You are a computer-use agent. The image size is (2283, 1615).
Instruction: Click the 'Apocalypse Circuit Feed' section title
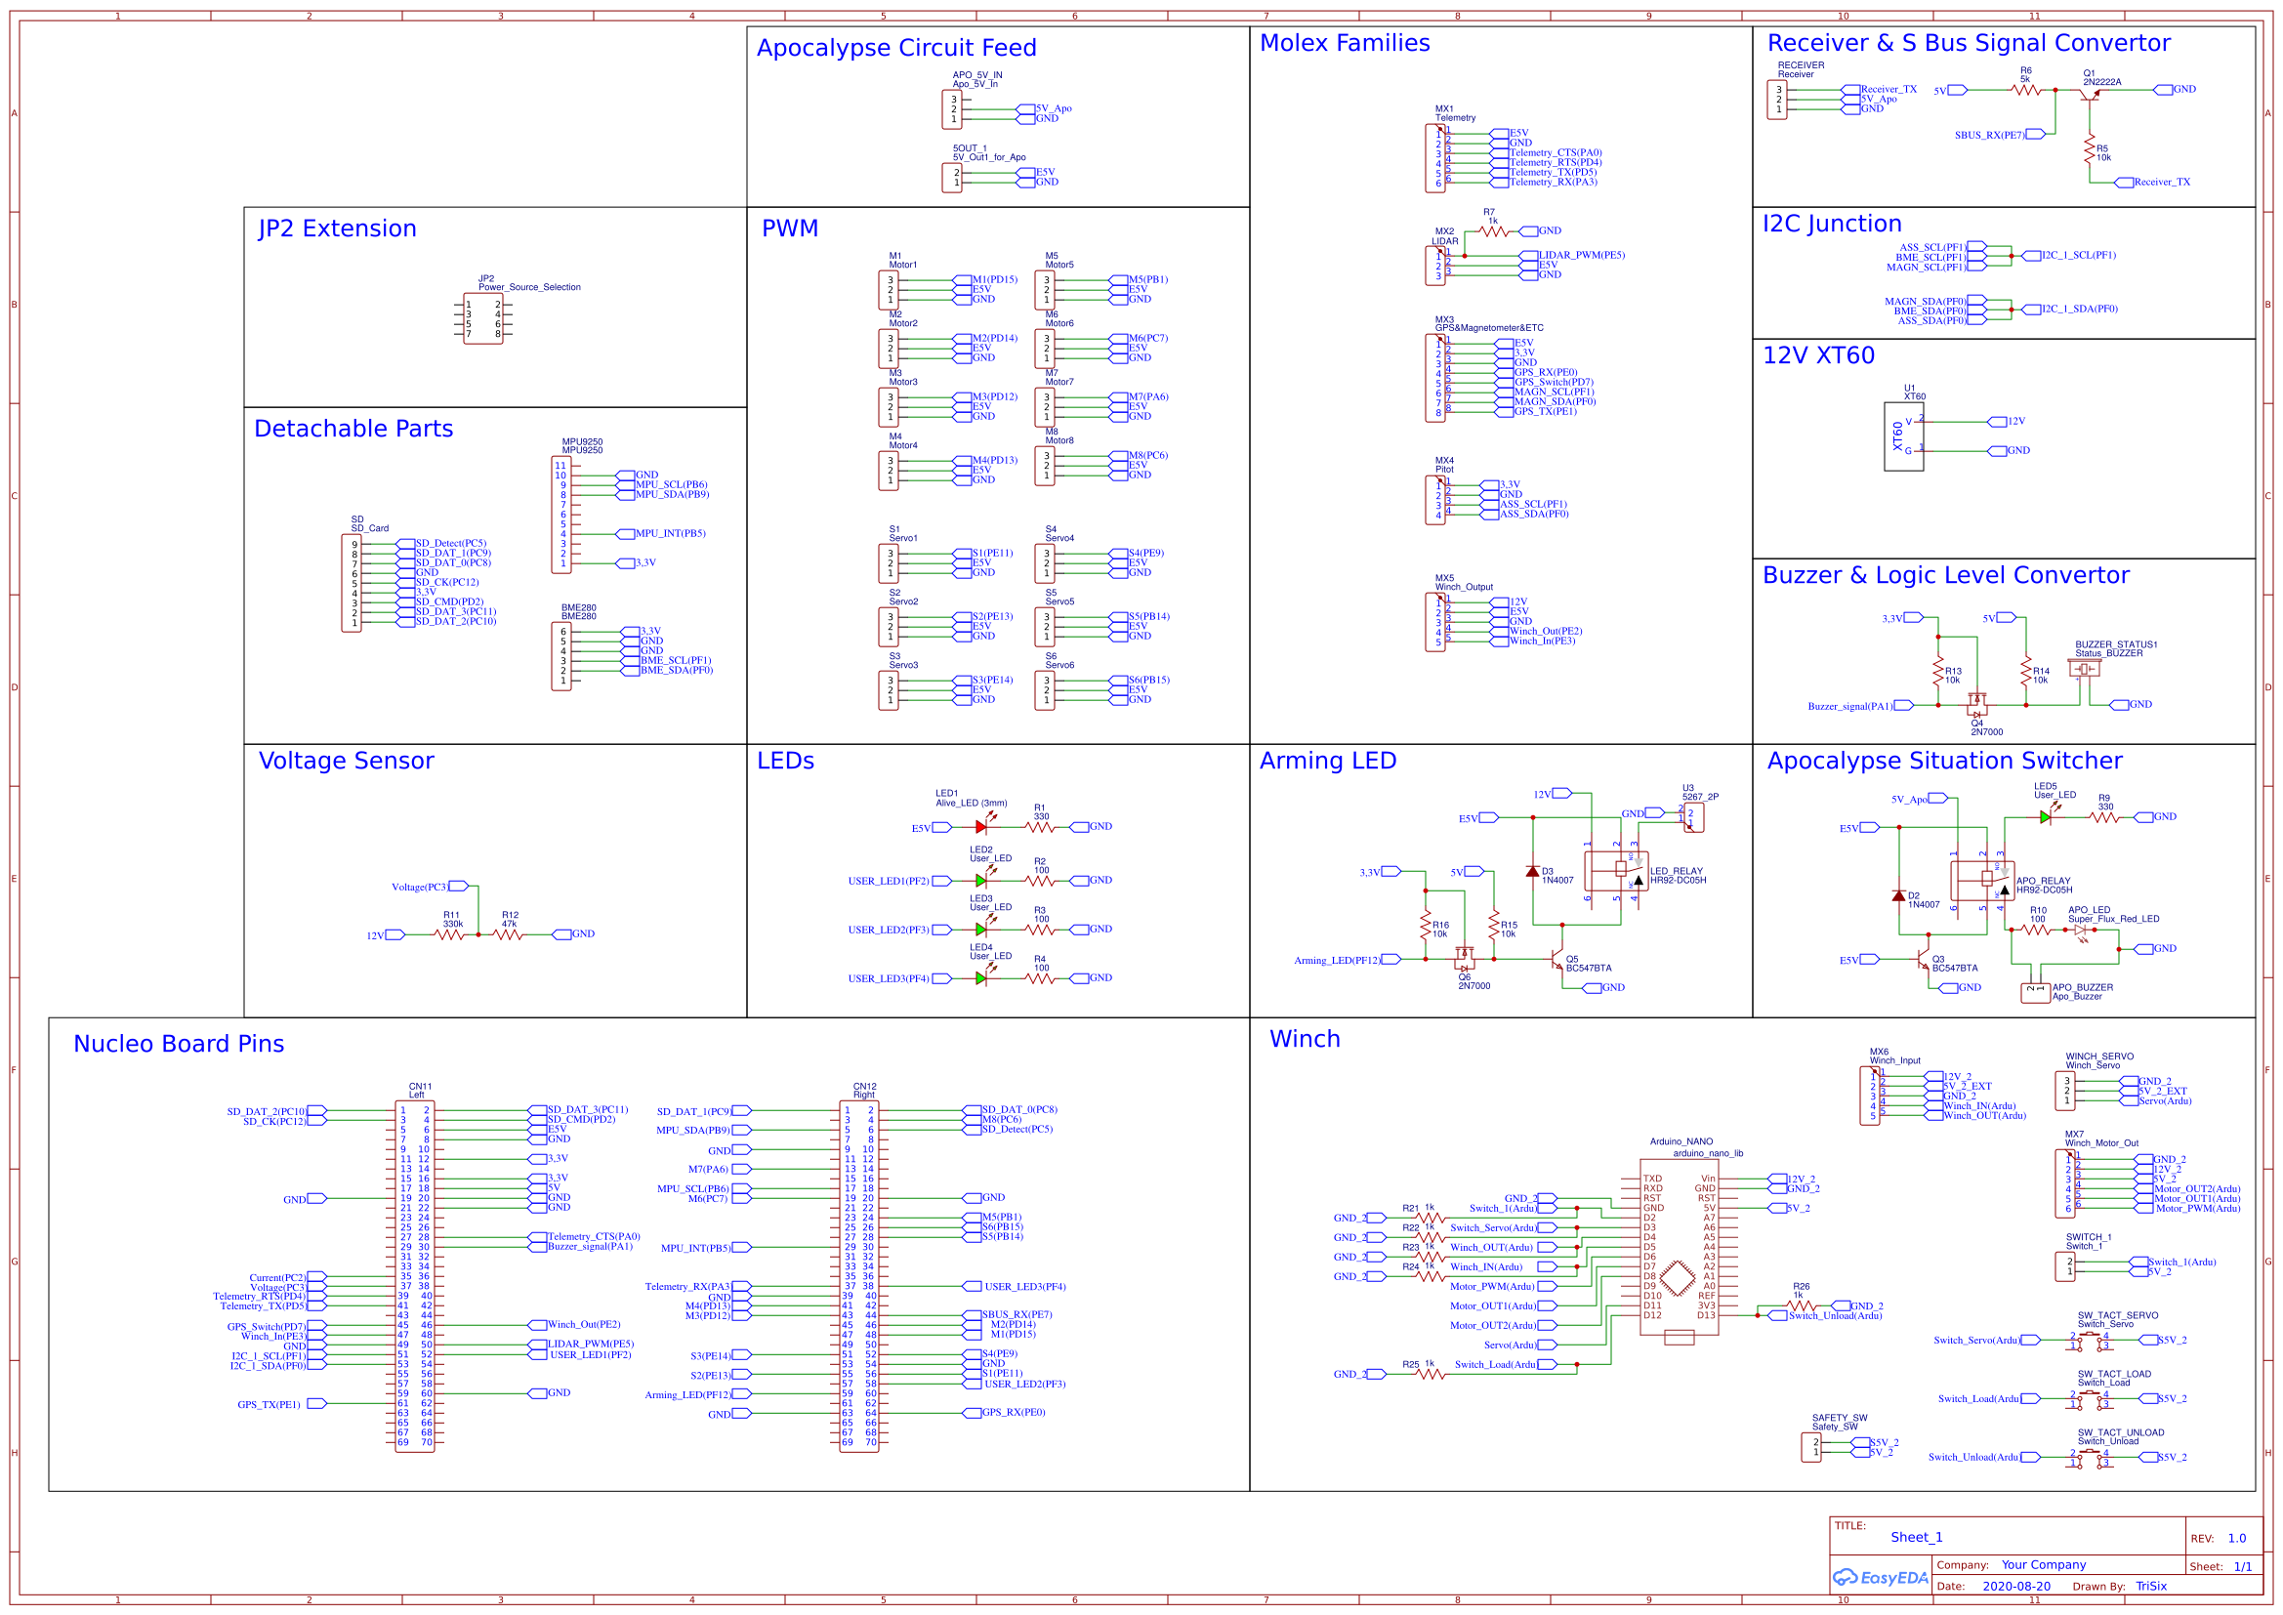[895, 48]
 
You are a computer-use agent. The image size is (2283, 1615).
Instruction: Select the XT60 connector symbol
[1902, 436]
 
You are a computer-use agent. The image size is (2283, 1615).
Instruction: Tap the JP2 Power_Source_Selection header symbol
[483, 319]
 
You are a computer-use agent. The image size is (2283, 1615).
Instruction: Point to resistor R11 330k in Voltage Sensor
[449, 934]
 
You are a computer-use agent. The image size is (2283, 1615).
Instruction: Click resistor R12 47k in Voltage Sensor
[508, 934]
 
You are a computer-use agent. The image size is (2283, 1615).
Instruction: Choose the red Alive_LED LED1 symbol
[981, 827]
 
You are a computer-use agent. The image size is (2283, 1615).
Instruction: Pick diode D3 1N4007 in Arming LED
[1532, 872]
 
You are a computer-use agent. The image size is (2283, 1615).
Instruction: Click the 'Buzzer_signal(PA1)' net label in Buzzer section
[1849, 706]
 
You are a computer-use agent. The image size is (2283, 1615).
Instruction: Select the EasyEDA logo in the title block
[1880, 1578]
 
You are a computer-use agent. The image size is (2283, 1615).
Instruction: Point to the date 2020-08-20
[2015, 1586]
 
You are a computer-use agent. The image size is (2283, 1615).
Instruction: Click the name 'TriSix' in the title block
[2151, 1586]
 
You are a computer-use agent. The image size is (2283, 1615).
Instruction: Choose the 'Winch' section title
[1305, 1039]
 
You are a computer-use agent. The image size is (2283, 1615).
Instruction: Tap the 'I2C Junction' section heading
[1832, 224]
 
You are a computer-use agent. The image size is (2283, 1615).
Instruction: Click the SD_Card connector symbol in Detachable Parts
[351, 583]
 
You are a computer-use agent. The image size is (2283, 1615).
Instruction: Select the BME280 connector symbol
[561, 656]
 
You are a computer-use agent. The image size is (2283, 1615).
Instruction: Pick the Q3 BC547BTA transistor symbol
[1922, 961]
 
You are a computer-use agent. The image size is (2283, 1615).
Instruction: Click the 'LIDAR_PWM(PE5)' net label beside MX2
[1582, 256]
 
